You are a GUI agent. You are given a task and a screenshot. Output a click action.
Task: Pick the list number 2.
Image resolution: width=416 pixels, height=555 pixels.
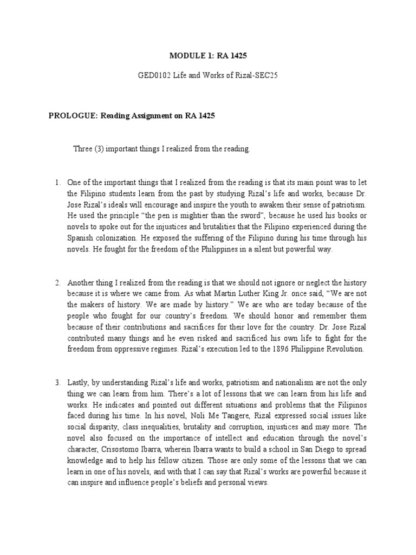tap(58, 283)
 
